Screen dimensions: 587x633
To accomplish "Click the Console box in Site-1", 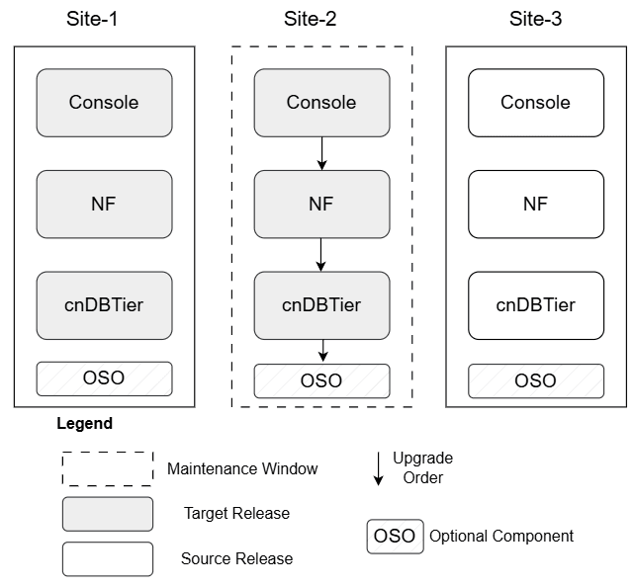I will tap(104, 103).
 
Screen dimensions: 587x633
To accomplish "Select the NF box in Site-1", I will tap(104, 205).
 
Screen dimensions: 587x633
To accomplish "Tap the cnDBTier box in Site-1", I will tap(104, 305).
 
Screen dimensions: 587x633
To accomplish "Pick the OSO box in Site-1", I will tap(104, 379).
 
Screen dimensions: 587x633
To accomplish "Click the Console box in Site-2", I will tap(321, 103).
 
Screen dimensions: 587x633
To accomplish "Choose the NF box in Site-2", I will tap(321, 205).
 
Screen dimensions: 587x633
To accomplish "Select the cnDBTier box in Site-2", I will tap(321, 305).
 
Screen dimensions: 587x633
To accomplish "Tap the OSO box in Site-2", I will tap(321, 380).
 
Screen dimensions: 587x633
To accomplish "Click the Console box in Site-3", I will tap(535, 103).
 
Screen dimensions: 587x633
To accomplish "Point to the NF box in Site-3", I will tap(535, 205).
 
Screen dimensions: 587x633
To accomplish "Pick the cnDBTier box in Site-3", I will tap(535, 305).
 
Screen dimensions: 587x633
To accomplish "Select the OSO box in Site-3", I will tap(535, 380).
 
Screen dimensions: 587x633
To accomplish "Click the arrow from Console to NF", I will tap(321, 153).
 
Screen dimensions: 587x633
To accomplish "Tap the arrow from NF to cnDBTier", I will tap(321, 255).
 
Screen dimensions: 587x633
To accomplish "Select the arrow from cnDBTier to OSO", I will tap(321, 351).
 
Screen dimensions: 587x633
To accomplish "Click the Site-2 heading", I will tap(321, 19).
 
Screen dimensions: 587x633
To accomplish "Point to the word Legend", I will tap(84, 424).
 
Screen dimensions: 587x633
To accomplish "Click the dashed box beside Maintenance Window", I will tap(108, 468).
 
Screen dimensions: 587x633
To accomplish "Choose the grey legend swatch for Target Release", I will tap(108, 514).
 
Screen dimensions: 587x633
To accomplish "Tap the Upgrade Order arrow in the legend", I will tap(378, 468).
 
